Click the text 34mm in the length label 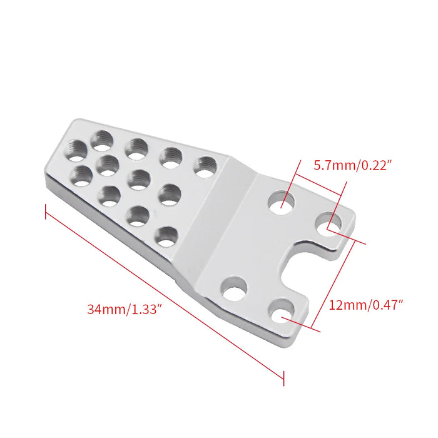tap(105, 308)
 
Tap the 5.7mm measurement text tap(332, 166)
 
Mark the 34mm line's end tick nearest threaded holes tap(46, 211)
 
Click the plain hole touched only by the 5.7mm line tap(282, 201)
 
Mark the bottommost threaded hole tap(165, 237)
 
